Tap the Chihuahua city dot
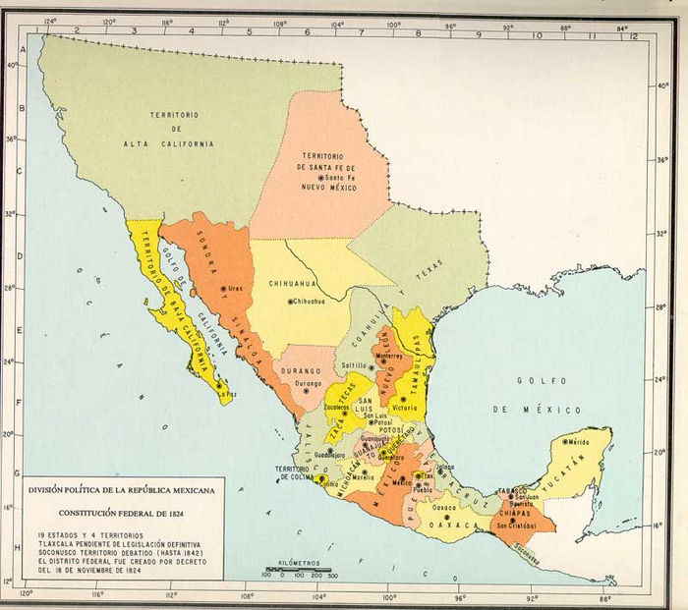tap(289, 302)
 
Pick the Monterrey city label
tap(389, 356)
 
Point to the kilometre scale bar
tap(299, 569)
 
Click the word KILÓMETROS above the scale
tap(300, 559)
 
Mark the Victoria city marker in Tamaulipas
tap(401, 400)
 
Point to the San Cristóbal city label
tap(517, 526)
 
